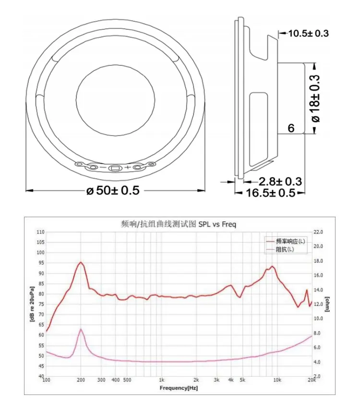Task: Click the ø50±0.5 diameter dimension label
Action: click(113, 190)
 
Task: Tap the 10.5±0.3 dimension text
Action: click(308, 33)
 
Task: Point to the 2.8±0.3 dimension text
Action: click(280, 182)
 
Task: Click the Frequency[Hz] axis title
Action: click(179, 387)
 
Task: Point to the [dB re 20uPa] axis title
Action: click(33, 303)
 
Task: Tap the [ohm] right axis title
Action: click(327, 303)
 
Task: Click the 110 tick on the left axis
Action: click(40, 232)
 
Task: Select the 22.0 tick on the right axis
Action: click(318, 232)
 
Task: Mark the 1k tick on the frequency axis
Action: click(162, 380)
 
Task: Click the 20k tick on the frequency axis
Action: click(312, 380)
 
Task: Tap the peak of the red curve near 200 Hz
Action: click(81, 262)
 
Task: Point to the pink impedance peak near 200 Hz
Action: click(81, 329)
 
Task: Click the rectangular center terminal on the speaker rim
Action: click(115, 168)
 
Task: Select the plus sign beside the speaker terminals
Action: click(128, 167)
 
